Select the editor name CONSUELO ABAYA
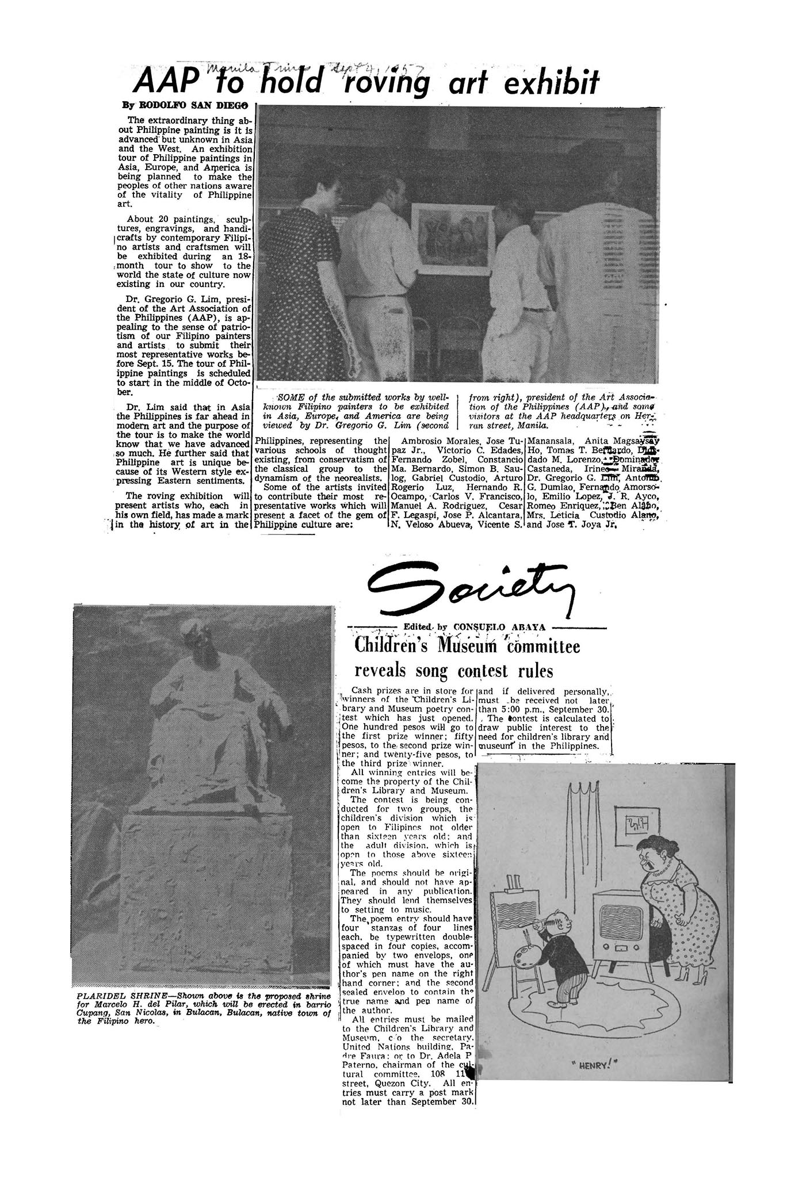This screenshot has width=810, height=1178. [499, 626]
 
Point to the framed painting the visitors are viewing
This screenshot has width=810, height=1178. [452, 238]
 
